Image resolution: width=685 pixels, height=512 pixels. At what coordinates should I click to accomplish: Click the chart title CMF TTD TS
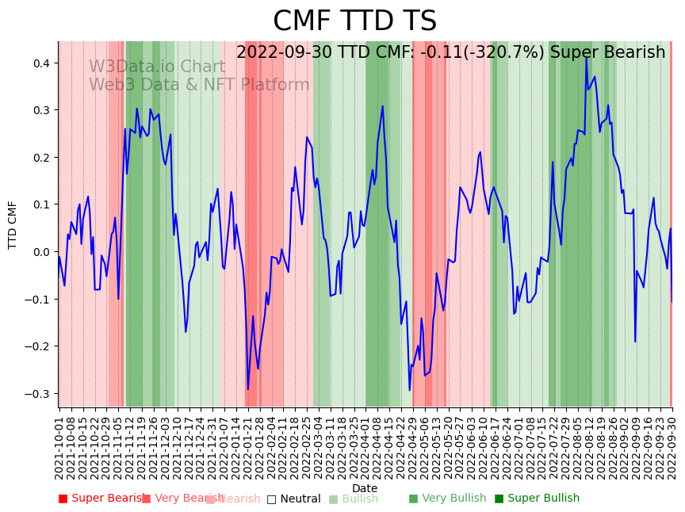pyautogui.click(x=354, y=21)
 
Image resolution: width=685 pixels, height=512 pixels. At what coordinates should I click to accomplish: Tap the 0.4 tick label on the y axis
pyautogui.click(x=40, y=63)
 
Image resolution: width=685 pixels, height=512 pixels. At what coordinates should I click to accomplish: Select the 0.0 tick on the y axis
pyautogui.click(x=40, y=252)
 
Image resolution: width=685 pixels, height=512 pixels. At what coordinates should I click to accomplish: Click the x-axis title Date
pyautogui.click(x=365, y=488)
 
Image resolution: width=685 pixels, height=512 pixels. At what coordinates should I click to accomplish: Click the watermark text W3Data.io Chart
pyautogui.click(x=157, y=67)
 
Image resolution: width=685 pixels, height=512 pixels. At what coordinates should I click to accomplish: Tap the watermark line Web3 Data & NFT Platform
pyautogui.click(x=199, y=85)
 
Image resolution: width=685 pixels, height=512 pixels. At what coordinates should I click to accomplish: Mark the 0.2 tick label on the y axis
pyautogui.click(x=40, y=157)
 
